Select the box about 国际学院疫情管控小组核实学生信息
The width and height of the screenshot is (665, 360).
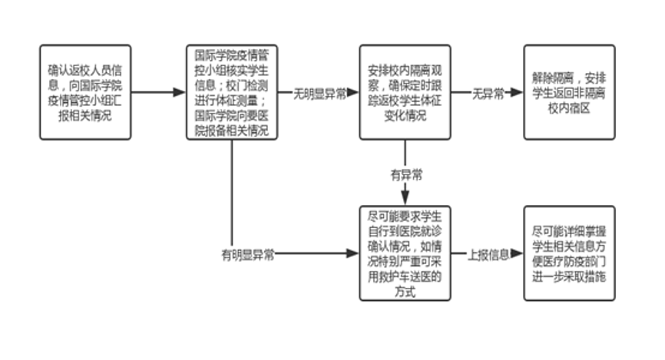[x=231, y=92]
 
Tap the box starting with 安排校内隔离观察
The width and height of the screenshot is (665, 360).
[x=405, y=92]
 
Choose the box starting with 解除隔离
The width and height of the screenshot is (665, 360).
[x=568, y=92]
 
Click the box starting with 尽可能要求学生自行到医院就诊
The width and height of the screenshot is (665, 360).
[x=405, y=253]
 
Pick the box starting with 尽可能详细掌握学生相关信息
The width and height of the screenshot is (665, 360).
[x=568, y=253]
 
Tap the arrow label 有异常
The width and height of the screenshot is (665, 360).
[x=405, y=173]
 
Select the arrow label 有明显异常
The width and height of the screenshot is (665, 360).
[x=250, y=254]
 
